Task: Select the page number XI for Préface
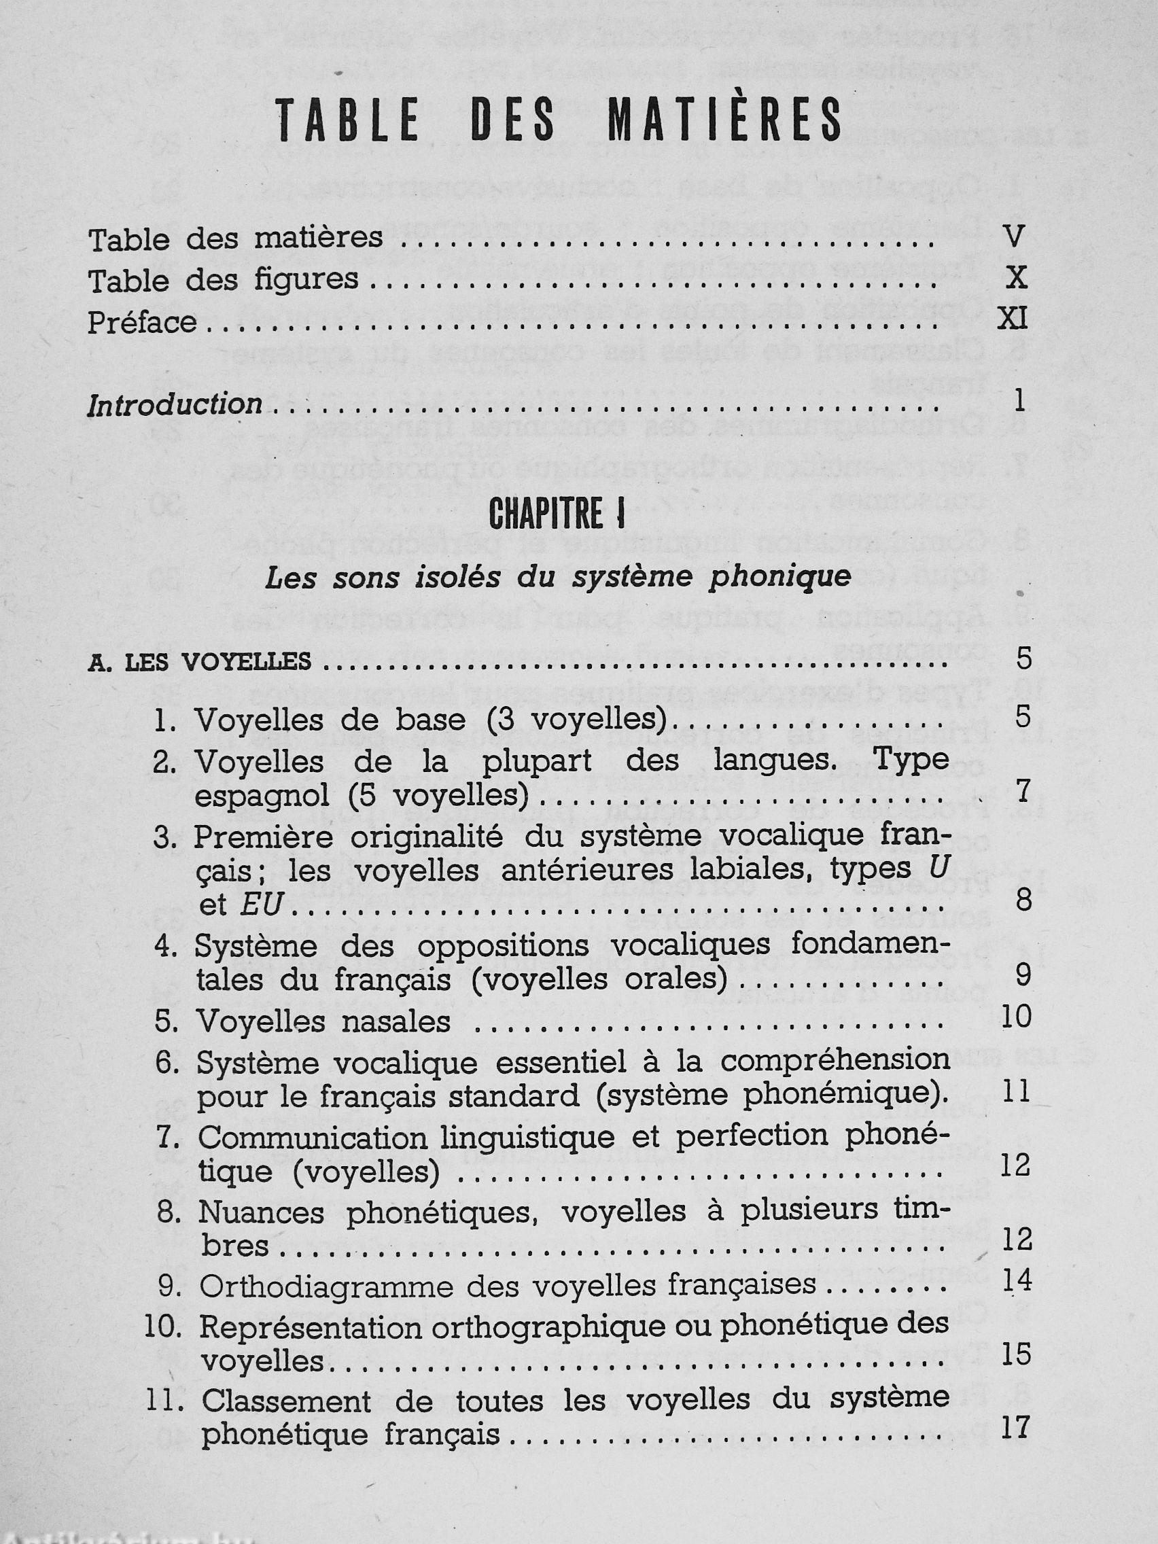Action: tap(1012, 319)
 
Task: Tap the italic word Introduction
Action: tap(175, 405)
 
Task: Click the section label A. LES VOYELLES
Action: tap(200, 662)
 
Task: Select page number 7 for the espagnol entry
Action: tap(1023, 792)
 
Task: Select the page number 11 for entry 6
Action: tap(1015, 1091)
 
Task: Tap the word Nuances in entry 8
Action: tap(261, 1213)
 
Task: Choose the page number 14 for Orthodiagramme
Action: tap(1015, 1280)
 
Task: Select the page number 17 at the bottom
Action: tap(1015, 1428)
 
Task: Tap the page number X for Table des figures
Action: tap(1015, 278)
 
